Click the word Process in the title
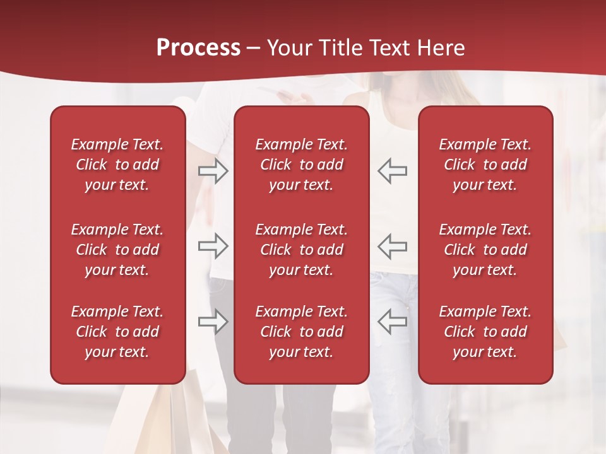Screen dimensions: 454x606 (198, 48)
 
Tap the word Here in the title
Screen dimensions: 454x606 (439, 48)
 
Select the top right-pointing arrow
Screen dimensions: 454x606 (213, 171)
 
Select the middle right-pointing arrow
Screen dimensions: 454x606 (213, 246)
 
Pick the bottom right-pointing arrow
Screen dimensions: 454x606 (213, 321)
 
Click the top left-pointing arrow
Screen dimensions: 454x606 (393, 171)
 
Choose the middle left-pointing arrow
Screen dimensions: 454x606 (393, 246)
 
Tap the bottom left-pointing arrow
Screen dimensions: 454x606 (393, 321)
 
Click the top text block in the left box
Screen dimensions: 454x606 (117, 165)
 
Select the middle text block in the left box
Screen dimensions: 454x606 (117, 250)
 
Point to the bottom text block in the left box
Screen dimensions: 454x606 (117, 332)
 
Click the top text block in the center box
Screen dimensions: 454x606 (301, 165)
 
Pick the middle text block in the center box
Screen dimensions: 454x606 (301, 250)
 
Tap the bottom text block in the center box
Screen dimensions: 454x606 (301, 332)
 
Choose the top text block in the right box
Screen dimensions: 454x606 (485, 165)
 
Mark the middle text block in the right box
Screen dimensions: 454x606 (485, 250)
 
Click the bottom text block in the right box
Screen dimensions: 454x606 (485, 332)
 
